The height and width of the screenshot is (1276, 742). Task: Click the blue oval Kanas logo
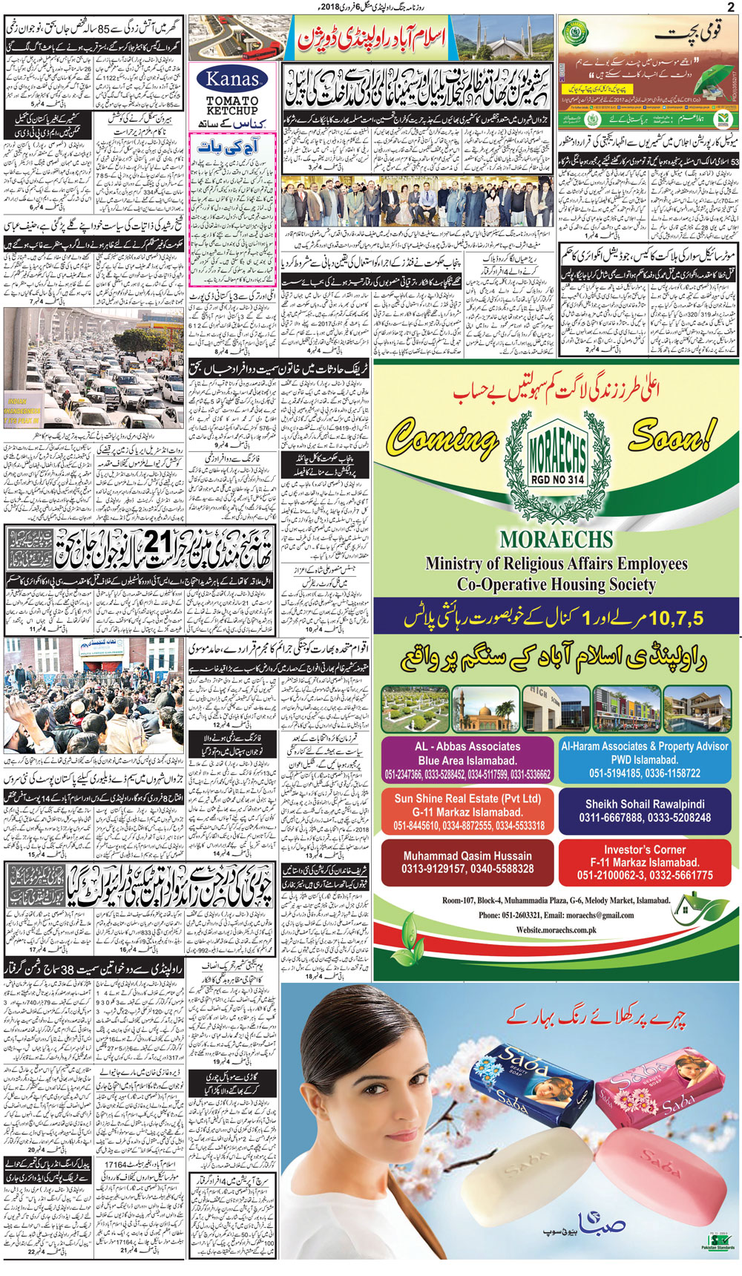pyautogui.click(x=232, y=79)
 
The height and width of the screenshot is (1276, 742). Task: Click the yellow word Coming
pyautogui.click(x=442, y=439)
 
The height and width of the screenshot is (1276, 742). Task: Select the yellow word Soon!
pyautogui.click(x=674, y=434)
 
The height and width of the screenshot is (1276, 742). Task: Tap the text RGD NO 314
pyautogui.click(x=557, y=480)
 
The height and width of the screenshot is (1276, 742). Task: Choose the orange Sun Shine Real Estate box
pyautogui.click(x=467, y=811)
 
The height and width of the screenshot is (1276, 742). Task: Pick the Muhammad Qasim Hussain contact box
pyautogui.click(x=467, y=862)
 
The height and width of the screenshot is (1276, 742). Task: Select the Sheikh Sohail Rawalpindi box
pyautogui.click(x=644, y=811)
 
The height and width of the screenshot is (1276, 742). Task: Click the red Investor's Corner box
pyautogui.click(x=644, y=862)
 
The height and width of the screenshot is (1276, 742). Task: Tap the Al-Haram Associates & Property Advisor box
pyautogui.click(x=644, y=759)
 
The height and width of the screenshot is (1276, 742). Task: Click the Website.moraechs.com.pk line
pyautogui.click(x=556, y=930)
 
